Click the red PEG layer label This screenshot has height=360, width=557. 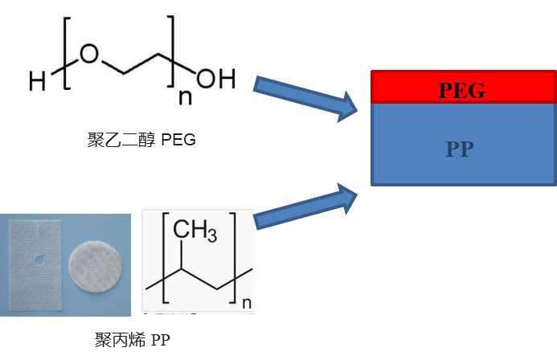(461, 90)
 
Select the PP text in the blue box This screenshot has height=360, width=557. (460, 149)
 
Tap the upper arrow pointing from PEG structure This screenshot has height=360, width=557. (306, 99)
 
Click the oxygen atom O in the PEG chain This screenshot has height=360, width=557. (89, 55)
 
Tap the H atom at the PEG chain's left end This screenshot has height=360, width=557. (37, 80)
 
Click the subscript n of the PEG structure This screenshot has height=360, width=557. (184, 99)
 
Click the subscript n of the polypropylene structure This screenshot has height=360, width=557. (247, 301)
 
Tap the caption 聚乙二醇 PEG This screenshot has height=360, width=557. (141, 140)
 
